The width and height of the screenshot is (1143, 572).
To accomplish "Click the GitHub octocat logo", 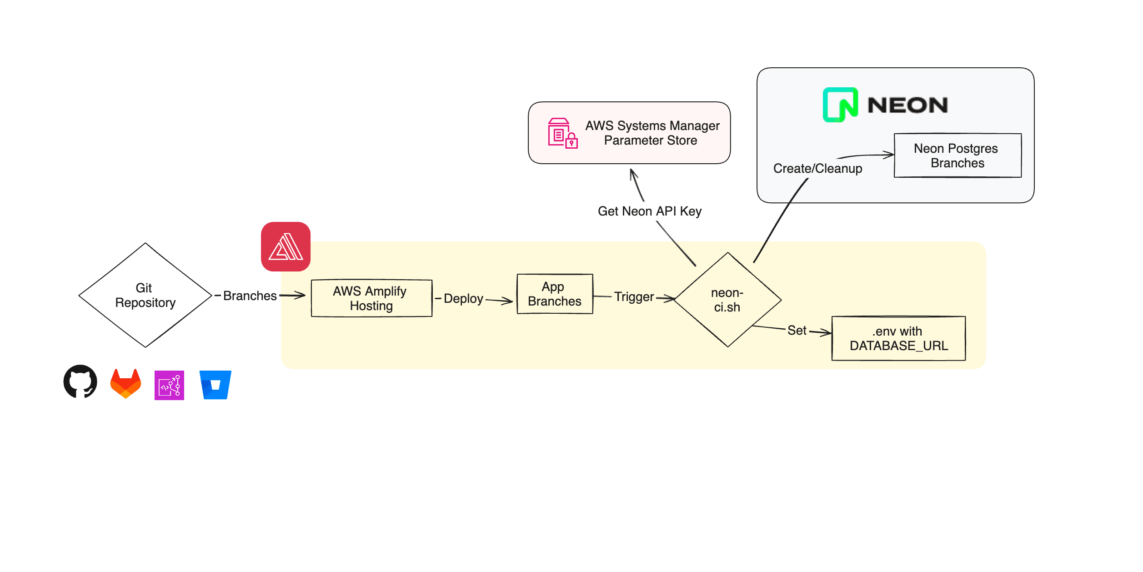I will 80,381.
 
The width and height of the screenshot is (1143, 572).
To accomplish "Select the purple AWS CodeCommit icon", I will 169,385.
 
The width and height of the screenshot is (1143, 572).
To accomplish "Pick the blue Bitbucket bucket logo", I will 216,385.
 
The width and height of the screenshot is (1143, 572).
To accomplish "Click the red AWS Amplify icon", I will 286,247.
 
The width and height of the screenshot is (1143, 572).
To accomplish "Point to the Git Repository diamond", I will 145,295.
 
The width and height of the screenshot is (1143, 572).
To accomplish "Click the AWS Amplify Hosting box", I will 371,298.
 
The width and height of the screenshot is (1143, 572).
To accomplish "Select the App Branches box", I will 555,294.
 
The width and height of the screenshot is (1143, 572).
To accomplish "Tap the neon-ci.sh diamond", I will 727,300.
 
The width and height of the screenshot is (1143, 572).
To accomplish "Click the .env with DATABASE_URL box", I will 898,338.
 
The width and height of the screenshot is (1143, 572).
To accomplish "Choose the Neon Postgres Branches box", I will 958,156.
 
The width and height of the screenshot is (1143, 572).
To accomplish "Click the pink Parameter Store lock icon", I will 562,133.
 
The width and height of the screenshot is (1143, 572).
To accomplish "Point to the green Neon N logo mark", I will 840,105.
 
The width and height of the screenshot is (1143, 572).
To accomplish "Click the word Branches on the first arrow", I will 250,296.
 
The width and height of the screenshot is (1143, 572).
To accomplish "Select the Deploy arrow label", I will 463,299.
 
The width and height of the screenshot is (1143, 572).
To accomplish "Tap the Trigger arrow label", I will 634,297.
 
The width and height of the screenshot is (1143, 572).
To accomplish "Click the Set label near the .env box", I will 797,331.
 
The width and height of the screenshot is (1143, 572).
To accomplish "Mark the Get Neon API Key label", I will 649,211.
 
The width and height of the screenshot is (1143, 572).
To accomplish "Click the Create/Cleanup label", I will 817,169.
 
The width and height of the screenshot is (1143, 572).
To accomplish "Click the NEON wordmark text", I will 907,105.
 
